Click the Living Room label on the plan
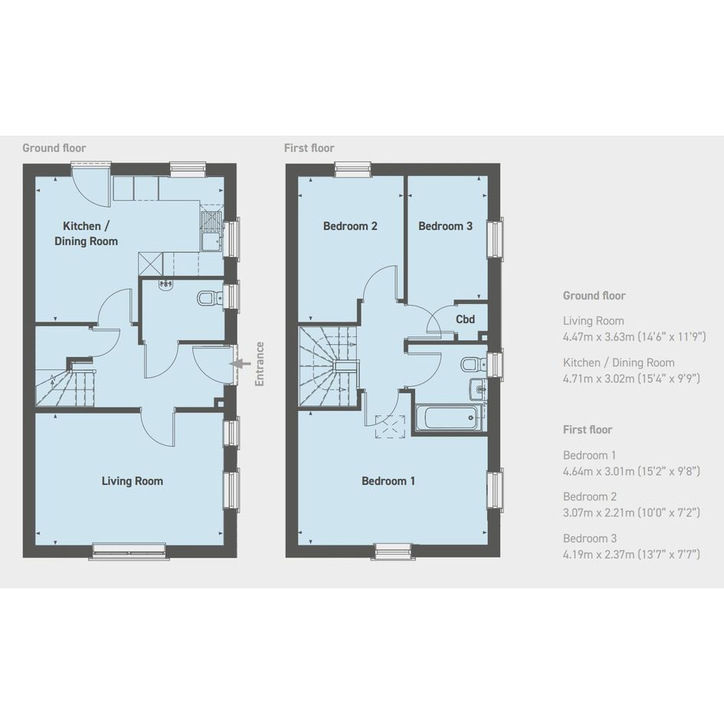(132, 481)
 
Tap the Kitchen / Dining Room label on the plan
(87, 234)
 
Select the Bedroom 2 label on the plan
(350, 226)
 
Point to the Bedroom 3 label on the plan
(445, 226)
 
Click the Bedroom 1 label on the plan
(388, 481)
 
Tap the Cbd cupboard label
(465, 319)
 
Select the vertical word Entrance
(260, 364)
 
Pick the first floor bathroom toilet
(473, 365)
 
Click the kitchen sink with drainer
(211, 231)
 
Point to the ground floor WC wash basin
(165, 285)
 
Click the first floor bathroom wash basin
(477, 389)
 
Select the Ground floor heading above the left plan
(54, 148)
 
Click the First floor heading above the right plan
(309, 148)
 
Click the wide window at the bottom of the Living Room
(129, 551)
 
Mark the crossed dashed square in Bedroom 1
(390, 426)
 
